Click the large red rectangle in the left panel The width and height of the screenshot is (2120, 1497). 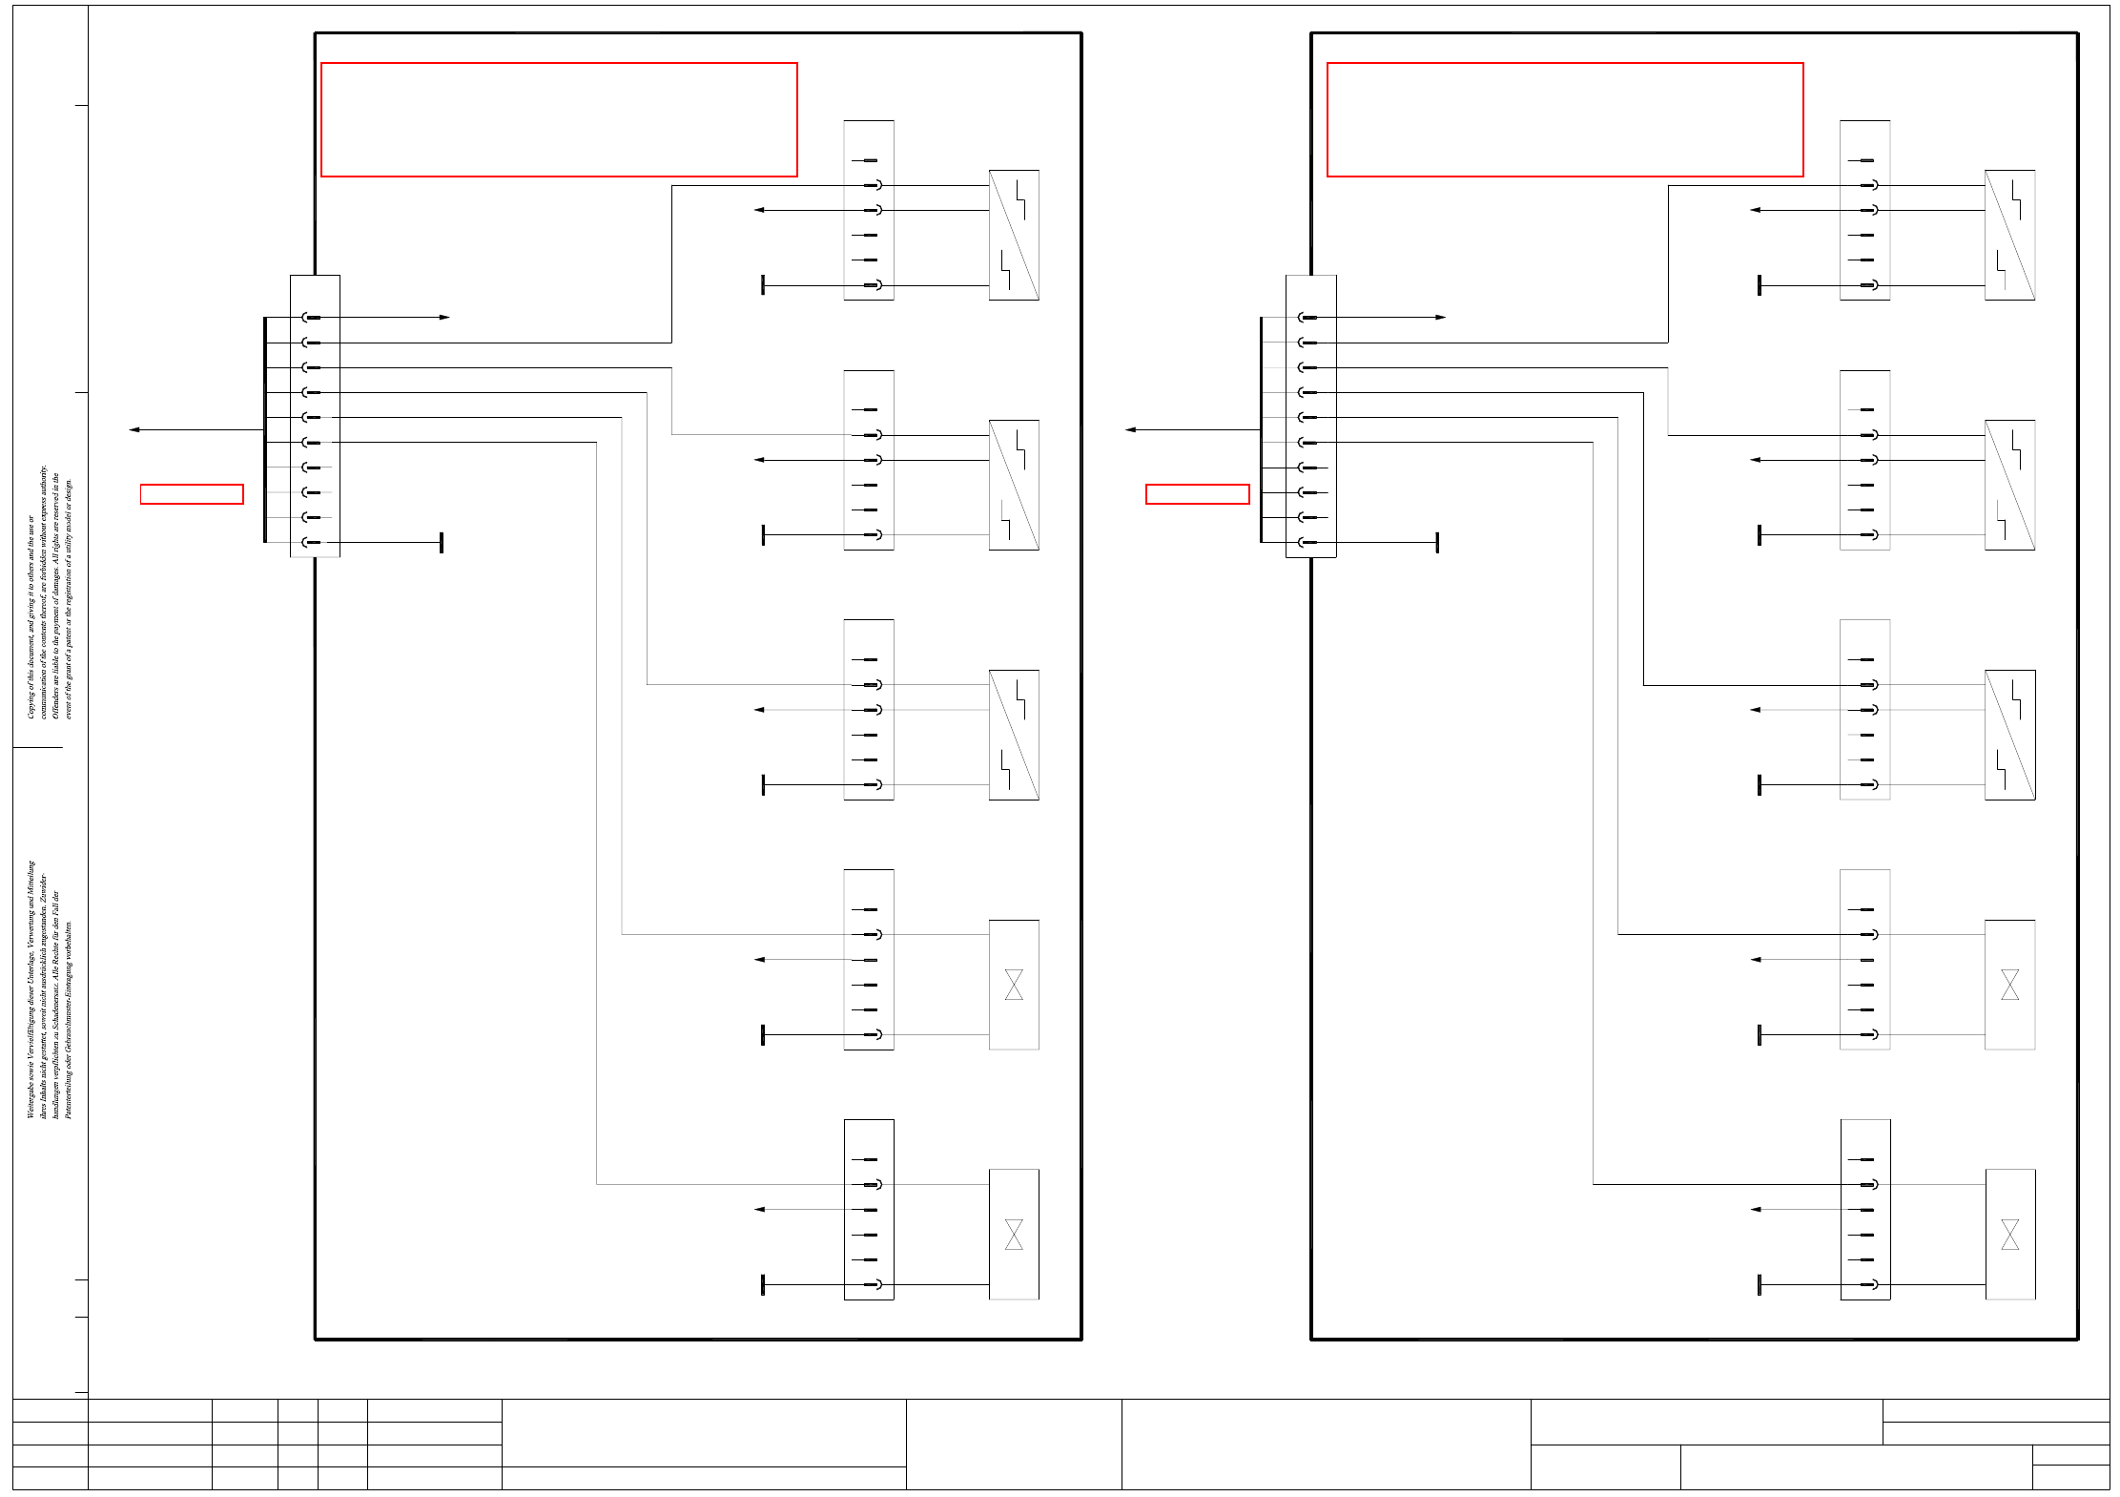(559, 119)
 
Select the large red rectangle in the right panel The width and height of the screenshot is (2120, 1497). (1564, 119)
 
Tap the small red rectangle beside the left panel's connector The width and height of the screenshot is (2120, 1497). (192, 494)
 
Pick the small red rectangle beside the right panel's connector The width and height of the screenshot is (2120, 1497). (1197, 494)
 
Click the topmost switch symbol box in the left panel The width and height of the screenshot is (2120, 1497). (1014, 235)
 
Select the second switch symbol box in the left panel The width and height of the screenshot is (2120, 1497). (1014, 485)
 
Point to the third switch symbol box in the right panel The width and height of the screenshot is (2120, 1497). (2009, 735)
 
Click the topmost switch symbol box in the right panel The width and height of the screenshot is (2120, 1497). (2009, 235)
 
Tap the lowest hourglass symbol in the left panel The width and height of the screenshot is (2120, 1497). (1014, 1235)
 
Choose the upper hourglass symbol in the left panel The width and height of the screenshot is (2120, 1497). (1014, 985)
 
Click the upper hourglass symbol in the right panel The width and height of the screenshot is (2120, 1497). (2009, 985)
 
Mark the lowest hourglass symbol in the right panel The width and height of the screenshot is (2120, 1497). (2009, 1235)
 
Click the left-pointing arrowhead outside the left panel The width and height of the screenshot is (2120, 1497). (134, 429)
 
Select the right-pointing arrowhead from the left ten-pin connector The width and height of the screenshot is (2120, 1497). (444, 317)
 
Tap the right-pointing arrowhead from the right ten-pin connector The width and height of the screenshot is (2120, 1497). (1440, 317)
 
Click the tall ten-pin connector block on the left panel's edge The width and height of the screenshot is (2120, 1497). (315, 416)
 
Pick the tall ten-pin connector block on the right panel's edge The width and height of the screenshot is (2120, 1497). (1310, 416)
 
